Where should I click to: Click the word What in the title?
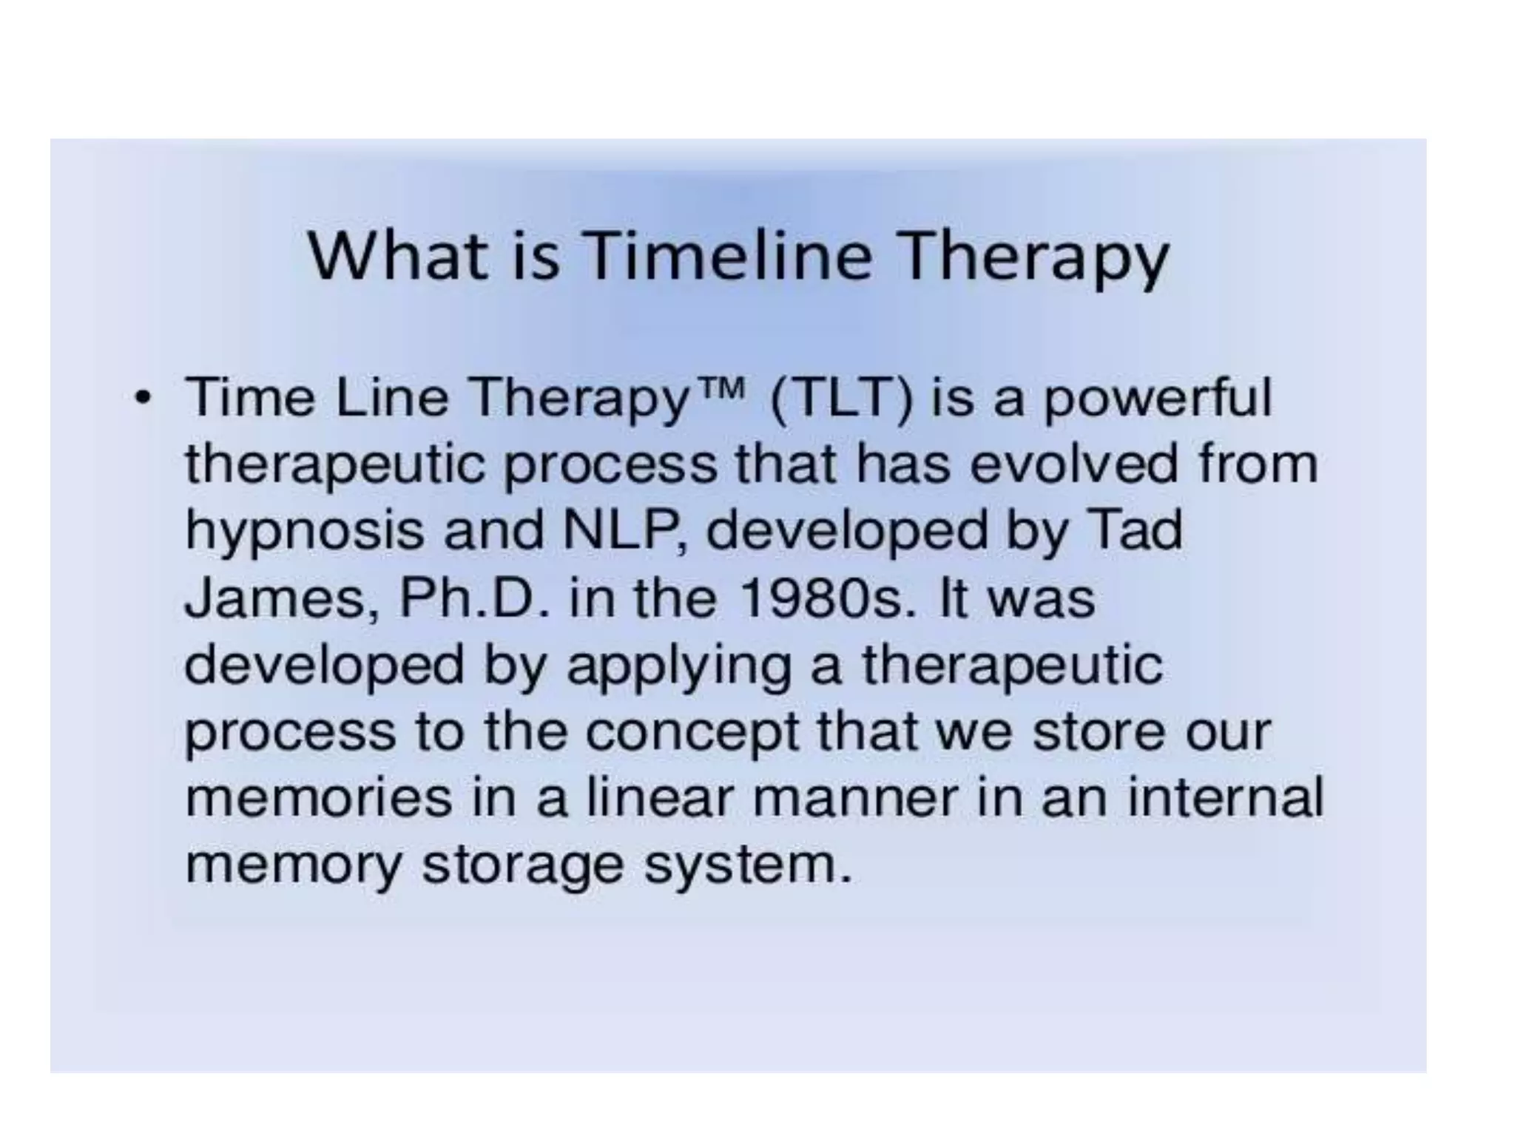[x=397, y=255]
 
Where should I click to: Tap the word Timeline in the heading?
[x=729, y=255]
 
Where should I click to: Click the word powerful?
[x=1157, y=399]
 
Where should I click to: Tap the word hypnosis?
[x=304, y=532]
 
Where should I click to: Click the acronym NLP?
[x=624, y=530]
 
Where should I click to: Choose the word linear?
[x=658, y=798]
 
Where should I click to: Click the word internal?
[x=1225, y=798]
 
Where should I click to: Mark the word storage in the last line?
[x=522, y=865]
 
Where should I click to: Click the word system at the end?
[x=747, y=865]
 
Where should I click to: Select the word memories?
[x=318, y=798]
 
